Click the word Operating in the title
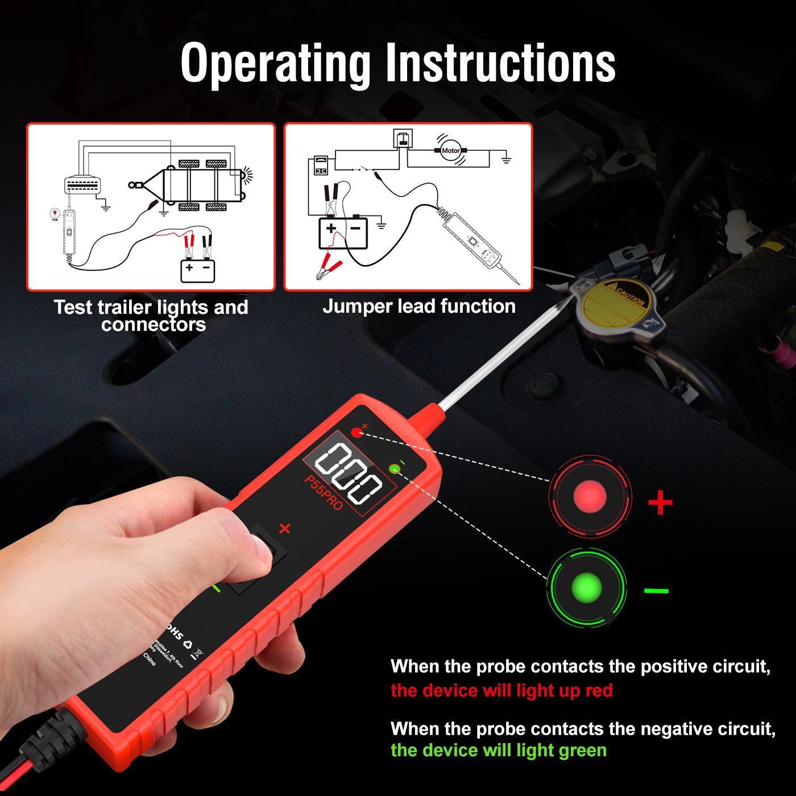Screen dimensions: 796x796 pyautogui.click(x=275, y=64)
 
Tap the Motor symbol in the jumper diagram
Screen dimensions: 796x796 pyautogui.click(x=450, y=151)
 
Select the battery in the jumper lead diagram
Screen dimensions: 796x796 pyautogui.click(x=343, y=233)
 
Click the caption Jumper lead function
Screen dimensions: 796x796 pyautogui.click(x=419, y=306)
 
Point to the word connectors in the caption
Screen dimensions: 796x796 pyautogui.click(x=154, y=325)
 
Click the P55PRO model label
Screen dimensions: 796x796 pyautogui.click(x=324, y=492)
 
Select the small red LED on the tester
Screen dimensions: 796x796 pyautogui.click(x=356, y=433)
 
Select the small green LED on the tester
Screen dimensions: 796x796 pyautogui.click(x=394, y=469)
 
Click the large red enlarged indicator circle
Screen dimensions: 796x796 pyautogui.click(x=590, y=496)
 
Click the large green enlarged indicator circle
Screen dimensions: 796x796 pyautogui.click(x=586, y=588)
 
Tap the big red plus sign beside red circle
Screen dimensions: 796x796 pyautogui.click(x=660, y=503)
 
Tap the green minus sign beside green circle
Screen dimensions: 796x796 pyautogui.click(x=656, y=591)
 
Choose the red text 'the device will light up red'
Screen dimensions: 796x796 pyautogui.click(x=501, y=691)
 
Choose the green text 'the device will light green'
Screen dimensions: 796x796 pyautogui.click(x=499, y=751)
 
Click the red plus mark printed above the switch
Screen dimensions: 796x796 pyautogui.click(x=285, y=528)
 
